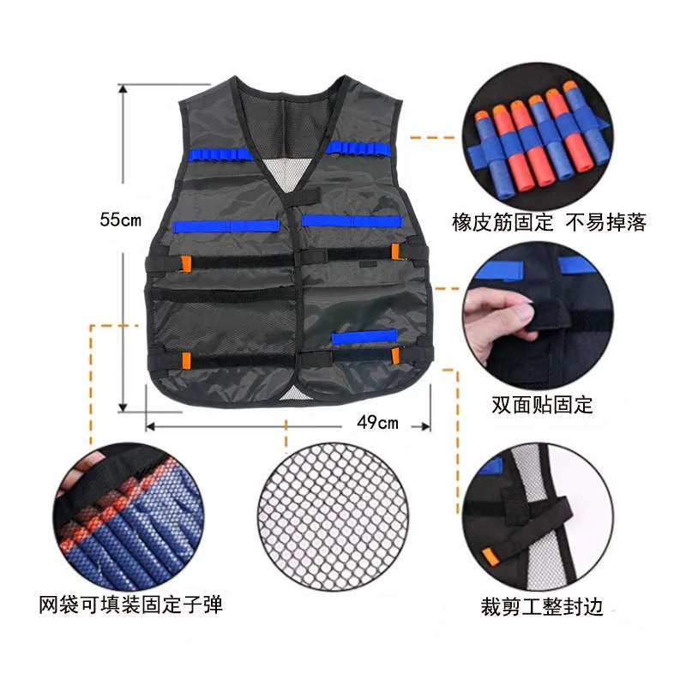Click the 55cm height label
click(120, 220)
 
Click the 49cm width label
click(378, 422)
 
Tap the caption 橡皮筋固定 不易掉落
click(549, 225)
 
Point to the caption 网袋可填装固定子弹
click(130, 605)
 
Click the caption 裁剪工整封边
click(542, 608)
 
